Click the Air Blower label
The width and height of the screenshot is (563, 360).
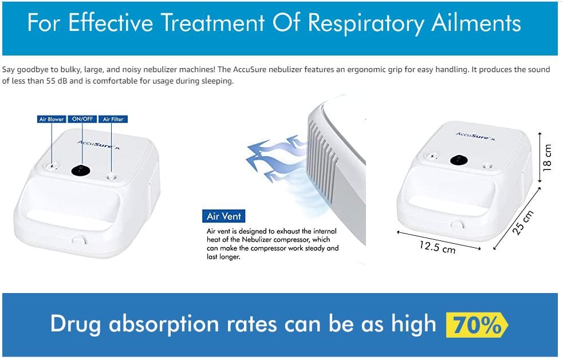coord(52,119)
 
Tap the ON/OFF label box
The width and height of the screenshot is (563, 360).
coord(82,119)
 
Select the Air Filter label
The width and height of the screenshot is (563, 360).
coord(113,119)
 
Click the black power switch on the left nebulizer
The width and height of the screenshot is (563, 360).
coord(81,171)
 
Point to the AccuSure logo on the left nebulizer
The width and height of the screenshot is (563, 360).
coord(99,145)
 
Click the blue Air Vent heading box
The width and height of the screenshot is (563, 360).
coord(223,216)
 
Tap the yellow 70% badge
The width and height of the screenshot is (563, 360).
coord(477,325)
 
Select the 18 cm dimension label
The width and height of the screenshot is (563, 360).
coord(547,157)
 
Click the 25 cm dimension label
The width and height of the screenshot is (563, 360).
coord(523,223)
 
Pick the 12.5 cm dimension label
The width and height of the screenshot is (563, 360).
coord(438,247)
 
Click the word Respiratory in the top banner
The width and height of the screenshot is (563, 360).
coord(366,23)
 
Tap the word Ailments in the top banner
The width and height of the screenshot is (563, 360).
coord(476,23)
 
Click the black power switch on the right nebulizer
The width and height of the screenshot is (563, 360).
coord(459,160)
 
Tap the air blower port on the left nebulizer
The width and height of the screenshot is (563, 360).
coord(52,166)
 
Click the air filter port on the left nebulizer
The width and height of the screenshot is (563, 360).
coord(111,177)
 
